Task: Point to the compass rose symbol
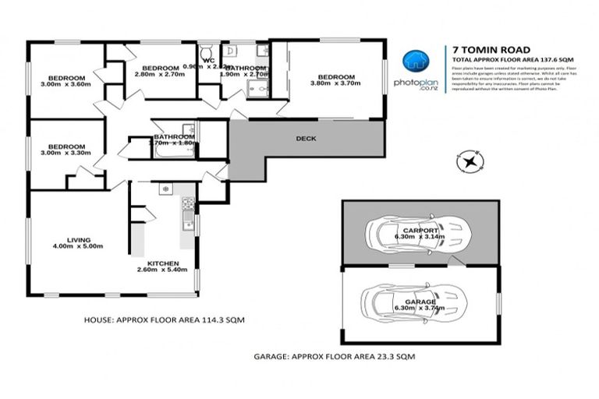(470, 162)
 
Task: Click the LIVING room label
(78, 239)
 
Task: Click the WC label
(208, 60)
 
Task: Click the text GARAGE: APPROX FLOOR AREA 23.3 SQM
(334, 356)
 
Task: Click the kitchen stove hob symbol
(187, 204)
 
